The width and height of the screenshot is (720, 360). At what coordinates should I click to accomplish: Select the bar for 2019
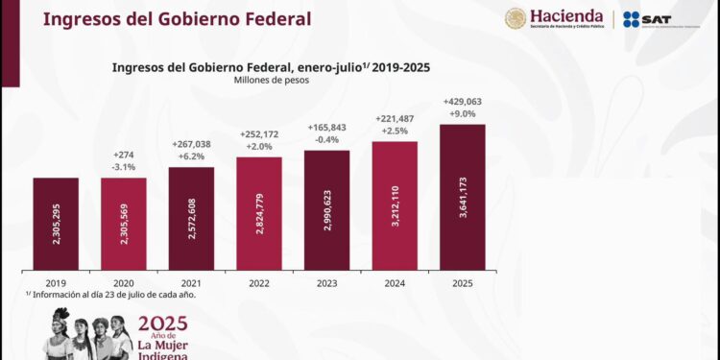click(x=56, y=223)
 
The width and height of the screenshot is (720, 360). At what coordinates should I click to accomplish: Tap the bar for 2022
click(x=259, y=213)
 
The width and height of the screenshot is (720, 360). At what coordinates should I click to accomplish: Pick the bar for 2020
click(x=123, y=223)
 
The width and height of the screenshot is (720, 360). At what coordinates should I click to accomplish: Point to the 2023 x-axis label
click(x=326, y=282)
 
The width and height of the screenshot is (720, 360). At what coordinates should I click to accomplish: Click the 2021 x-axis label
click(x=191, y=282)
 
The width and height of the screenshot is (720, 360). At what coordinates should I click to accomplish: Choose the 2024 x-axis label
click(x=395, y=282)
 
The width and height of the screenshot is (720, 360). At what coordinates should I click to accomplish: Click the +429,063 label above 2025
click(x=463, y=100)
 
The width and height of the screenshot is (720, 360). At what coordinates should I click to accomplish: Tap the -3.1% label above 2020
click(x=124, y=166)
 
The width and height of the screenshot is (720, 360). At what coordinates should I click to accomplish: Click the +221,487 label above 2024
click(x=395, y=117)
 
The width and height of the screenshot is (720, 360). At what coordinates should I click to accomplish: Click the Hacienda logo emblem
click(x=516, y=19)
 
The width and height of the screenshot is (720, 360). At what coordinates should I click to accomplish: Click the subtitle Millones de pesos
click(x=271, y=81)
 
